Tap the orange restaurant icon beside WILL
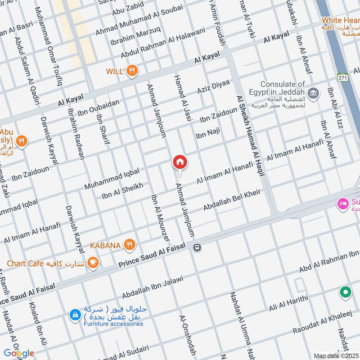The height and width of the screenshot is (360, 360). pyautogui.click(x=132, y=71)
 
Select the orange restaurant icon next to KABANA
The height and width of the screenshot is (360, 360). pyautogui.click(x=129, y=245)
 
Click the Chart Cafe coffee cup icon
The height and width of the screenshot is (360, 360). pyautogui.click(x=93, y=262)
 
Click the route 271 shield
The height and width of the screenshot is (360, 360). pyautogui.click(x=343, y=77)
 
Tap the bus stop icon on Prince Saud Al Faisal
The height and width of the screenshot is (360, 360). pyautogui.click(x=197, y=247)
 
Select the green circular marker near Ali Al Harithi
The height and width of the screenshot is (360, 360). pyautogui.click(x=345, y=293)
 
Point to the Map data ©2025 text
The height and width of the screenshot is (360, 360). pyautogui.click(x=336, y=356)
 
